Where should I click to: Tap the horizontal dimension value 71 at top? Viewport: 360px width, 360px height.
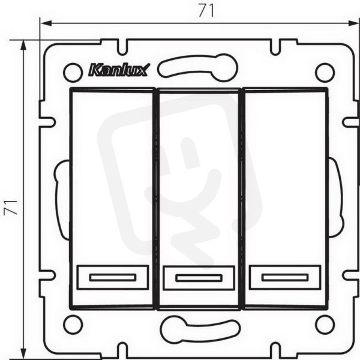pos(206,11)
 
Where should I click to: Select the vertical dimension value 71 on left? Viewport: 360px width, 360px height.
pos(11,208)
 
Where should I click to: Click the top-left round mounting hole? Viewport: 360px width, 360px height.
pos(73,73)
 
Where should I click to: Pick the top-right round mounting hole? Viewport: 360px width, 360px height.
pos(325,73)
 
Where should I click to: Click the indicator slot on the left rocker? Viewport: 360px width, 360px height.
pos(113,277)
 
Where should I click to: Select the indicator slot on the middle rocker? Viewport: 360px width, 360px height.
pos(199,278)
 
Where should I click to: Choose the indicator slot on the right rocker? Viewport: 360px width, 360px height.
pos(285,277)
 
